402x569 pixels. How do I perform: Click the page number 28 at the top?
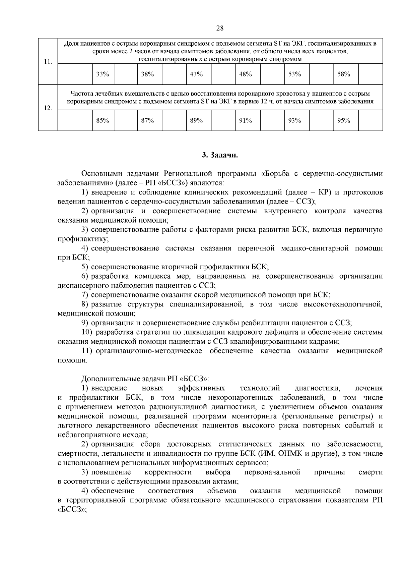click(x=220, y=28)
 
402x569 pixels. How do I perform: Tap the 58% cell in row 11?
click(x=343, y=74)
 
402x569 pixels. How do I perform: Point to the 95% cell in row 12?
click(x=343, y=121)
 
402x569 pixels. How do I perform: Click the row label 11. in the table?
click(x=48, y=62)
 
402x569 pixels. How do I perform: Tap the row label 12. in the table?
click(x=48, y=108)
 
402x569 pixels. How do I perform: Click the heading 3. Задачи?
click(x=220, y=155)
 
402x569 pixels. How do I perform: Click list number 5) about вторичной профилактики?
click(x=85, y=267)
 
